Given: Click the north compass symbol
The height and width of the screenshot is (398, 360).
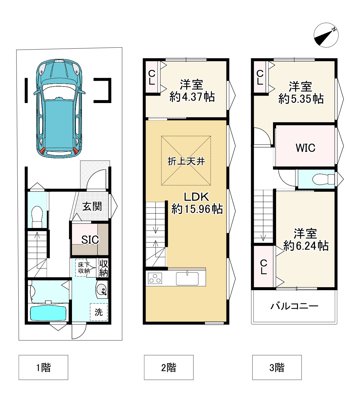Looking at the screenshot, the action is point(326,35).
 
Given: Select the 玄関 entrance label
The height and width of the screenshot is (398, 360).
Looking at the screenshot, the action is point(92,206).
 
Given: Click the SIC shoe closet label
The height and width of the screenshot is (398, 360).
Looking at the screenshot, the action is point(90,239).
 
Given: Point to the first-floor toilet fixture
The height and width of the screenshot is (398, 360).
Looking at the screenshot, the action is point(37,217).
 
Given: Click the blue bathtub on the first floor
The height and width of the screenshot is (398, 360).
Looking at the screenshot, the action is point(48,313).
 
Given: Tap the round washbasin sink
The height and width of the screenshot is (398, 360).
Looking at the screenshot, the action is point(102,289).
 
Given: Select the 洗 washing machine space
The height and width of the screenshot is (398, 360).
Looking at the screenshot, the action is point(99,312).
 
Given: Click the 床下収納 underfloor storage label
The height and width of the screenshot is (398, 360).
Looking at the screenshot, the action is point(84,268).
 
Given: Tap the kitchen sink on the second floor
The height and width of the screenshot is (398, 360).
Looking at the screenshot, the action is point(187,278).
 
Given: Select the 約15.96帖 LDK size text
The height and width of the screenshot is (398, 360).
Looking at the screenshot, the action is point(197,209).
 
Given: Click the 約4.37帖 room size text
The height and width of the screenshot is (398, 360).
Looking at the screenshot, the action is point(192,97).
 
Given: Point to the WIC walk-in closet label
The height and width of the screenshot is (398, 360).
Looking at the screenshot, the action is point(305,148).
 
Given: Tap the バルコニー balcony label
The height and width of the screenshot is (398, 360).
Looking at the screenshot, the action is point(294,306).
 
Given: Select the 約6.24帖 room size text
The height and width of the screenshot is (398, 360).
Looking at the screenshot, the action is point(306,246).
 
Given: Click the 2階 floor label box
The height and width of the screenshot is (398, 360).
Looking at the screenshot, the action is point(169,367).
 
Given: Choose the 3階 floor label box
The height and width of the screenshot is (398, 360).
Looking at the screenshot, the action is point(277,367).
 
